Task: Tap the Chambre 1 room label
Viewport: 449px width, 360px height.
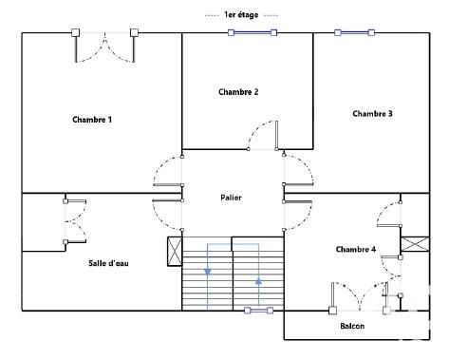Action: [x=92, y=120]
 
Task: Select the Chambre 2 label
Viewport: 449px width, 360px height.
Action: [x=238, y=92]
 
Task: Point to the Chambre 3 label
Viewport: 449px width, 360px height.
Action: [x=372, y=114]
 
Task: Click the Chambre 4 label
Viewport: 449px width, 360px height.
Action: [x=356, y=249]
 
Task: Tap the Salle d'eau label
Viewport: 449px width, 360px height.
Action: [x=109, y=263]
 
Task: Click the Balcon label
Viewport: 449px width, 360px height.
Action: [x=353, y=326]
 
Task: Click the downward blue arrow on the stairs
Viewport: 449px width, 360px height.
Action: [x=208, y=274]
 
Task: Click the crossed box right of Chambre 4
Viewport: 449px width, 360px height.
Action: [x=415, y=244]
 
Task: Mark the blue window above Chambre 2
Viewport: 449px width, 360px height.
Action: [x=252, y=32]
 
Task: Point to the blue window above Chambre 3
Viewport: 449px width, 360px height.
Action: [x=357, y=32]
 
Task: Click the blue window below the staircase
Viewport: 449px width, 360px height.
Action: [x=257, y=310]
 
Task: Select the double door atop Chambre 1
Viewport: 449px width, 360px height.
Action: [x=104, y=47]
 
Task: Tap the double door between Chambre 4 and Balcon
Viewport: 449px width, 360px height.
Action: [x=360, y=296]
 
